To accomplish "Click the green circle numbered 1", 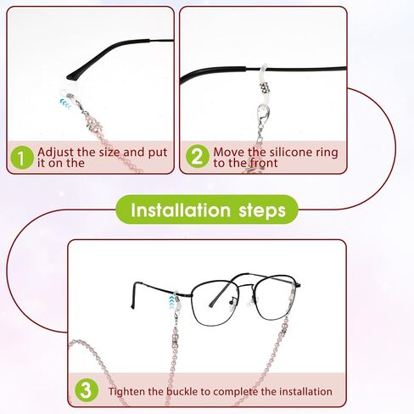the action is coord(22,158).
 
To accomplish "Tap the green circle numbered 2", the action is coord(198,156).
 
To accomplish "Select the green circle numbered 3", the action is coord(87,390).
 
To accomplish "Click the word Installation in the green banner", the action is coord(181,210).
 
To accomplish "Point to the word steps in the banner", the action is coord(262,211).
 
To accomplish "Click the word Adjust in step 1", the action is coord(55,153).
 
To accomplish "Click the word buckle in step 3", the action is coord(182,392).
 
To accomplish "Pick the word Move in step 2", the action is coord(228,152).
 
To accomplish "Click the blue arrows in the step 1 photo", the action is coord(65,103).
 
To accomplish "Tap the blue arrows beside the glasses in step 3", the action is coord(171,302).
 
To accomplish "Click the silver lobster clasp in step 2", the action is coord(263,115).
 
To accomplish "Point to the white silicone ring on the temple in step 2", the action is coord(264,73).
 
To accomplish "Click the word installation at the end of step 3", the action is coord(305,392).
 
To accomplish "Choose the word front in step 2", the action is coord(263,163).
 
